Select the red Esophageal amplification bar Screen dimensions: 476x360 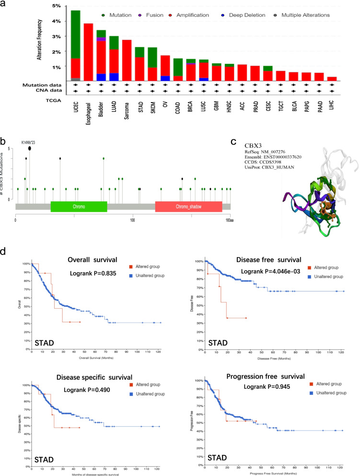(88, 53)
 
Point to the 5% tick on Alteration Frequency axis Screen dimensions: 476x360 (57, 6)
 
